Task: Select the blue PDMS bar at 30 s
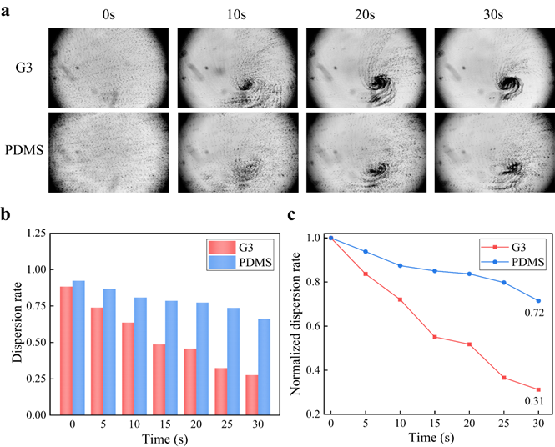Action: (x=264, y=367)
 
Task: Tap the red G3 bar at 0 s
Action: (x=66, y=351)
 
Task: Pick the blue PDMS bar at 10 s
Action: (x=140, y=356)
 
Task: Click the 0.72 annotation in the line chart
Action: (x=534, y=313)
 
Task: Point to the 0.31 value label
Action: (x=534, y=401)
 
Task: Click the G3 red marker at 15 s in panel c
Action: (x=435, y=337)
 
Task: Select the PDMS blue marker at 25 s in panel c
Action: (x=504, y=283)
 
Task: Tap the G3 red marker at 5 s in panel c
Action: (x=366, y=274)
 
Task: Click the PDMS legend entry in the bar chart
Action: (x=240, y=263)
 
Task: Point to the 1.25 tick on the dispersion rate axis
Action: (x=36, y=234)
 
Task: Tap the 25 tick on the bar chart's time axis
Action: (x=227, y=424)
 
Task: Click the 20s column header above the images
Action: (x=365, y=14)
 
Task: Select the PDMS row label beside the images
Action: (x=24, y=150)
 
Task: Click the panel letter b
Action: (x=5, y=214)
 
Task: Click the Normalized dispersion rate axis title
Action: (x=295, y=324)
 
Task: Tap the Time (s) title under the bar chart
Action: (x=165, y=439)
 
